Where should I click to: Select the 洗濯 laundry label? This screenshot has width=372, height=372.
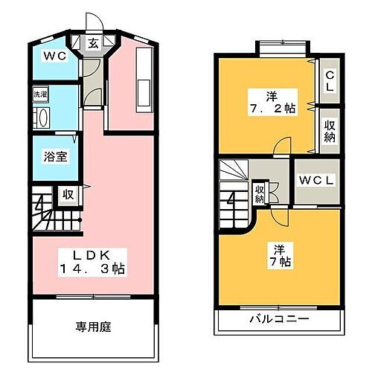(x=39, y=96)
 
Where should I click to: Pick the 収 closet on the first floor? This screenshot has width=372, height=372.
(x=67, y=195)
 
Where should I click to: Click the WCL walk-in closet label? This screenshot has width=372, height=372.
(x=318, y=181)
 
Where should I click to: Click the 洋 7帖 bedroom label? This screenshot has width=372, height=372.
(x=277, y=256)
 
